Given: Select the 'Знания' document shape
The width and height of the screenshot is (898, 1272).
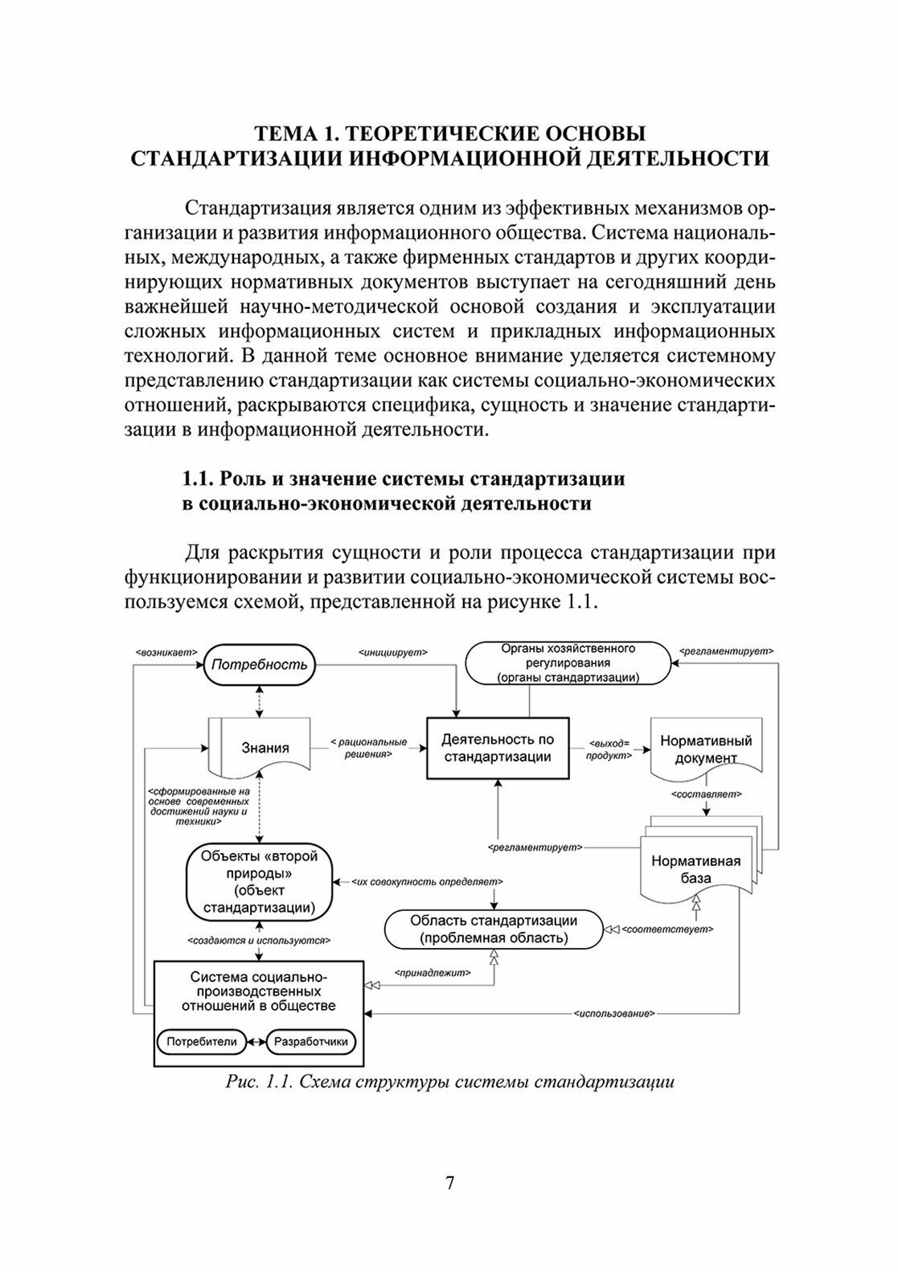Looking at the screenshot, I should [x=264, y=749].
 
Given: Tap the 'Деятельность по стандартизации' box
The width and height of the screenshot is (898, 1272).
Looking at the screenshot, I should [x=498, y=749].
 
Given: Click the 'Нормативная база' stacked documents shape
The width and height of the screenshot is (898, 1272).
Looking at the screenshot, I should [x=696, y=868].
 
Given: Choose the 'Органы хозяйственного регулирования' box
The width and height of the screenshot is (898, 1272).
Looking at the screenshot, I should [x=568, y=663].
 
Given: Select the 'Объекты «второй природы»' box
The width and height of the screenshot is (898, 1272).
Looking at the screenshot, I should [x=258, y=882].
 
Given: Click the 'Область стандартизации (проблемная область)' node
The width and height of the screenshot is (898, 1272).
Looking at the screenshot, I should [x=494, y=929].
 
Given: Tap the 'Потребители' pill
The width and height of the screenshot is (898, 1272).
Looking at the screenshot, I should [x=202, y=1041].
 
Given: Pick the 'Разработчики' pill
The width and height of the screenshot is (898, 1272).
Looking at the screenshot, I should [x=311, y=1041].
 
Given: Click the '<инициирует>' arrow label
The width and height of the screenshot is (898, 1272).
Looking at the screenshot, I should [x=392, y=653].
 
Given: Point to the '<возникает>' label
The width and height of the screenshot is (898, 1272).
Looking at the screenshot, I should [x=166, y=653].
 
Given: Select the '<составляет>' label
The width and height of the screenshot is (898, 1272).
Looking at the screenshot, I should [x=706, y=794].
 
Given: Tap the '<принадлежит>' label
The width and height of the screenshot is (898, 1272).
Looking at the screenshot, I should [x=432, y=972].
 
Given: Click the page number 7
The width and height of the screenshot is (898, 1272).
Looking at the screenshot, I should [x=449, y=1183].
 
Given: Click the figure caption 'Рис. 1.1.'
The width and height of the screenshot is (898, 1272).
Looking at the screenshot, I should [x=256, y=1081].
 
